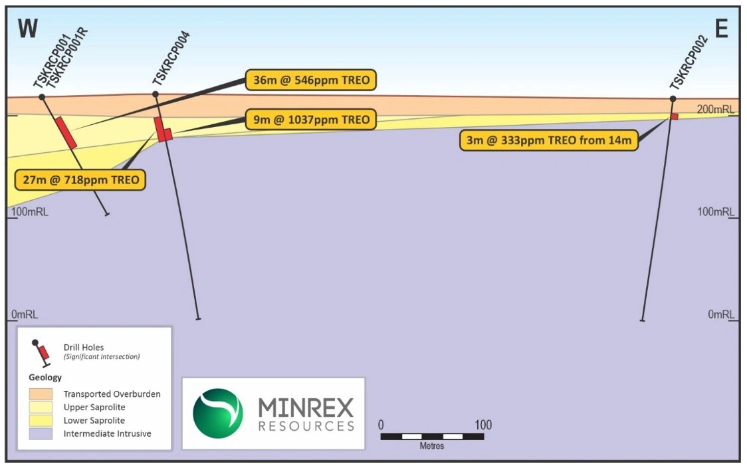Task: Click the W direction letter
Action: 28,29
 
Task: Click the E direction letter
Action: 722,29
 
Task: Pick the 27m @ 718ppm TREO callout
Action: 80,179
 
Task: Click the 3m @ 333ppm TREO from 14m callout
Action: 548,140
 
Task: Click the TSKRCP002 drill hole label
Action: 689,62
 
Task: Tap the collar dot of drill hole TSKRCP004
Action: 156,94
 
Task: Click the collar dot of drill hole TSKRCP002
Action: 673,99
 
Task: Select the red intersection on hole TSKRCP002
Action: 674,116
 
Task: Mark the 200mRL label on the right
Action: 714,109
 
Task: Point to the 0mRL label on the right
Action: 720,314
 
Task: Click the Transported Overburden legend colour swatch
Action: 41,394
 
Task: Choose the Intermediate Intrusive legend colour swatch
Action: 41,433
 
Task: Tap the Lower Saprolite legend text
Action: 94,420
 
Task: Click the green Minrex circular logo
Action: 218,413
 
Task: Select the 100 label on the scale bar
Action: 483,425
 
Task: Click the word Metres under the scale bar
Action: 432,446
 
